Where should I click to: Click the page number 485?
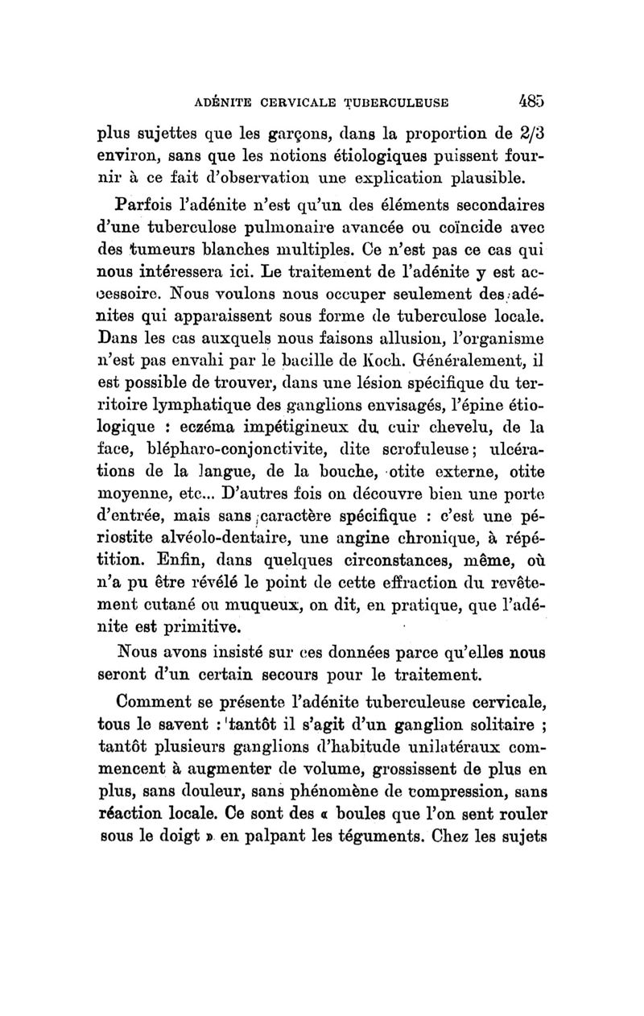(533, 102)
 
